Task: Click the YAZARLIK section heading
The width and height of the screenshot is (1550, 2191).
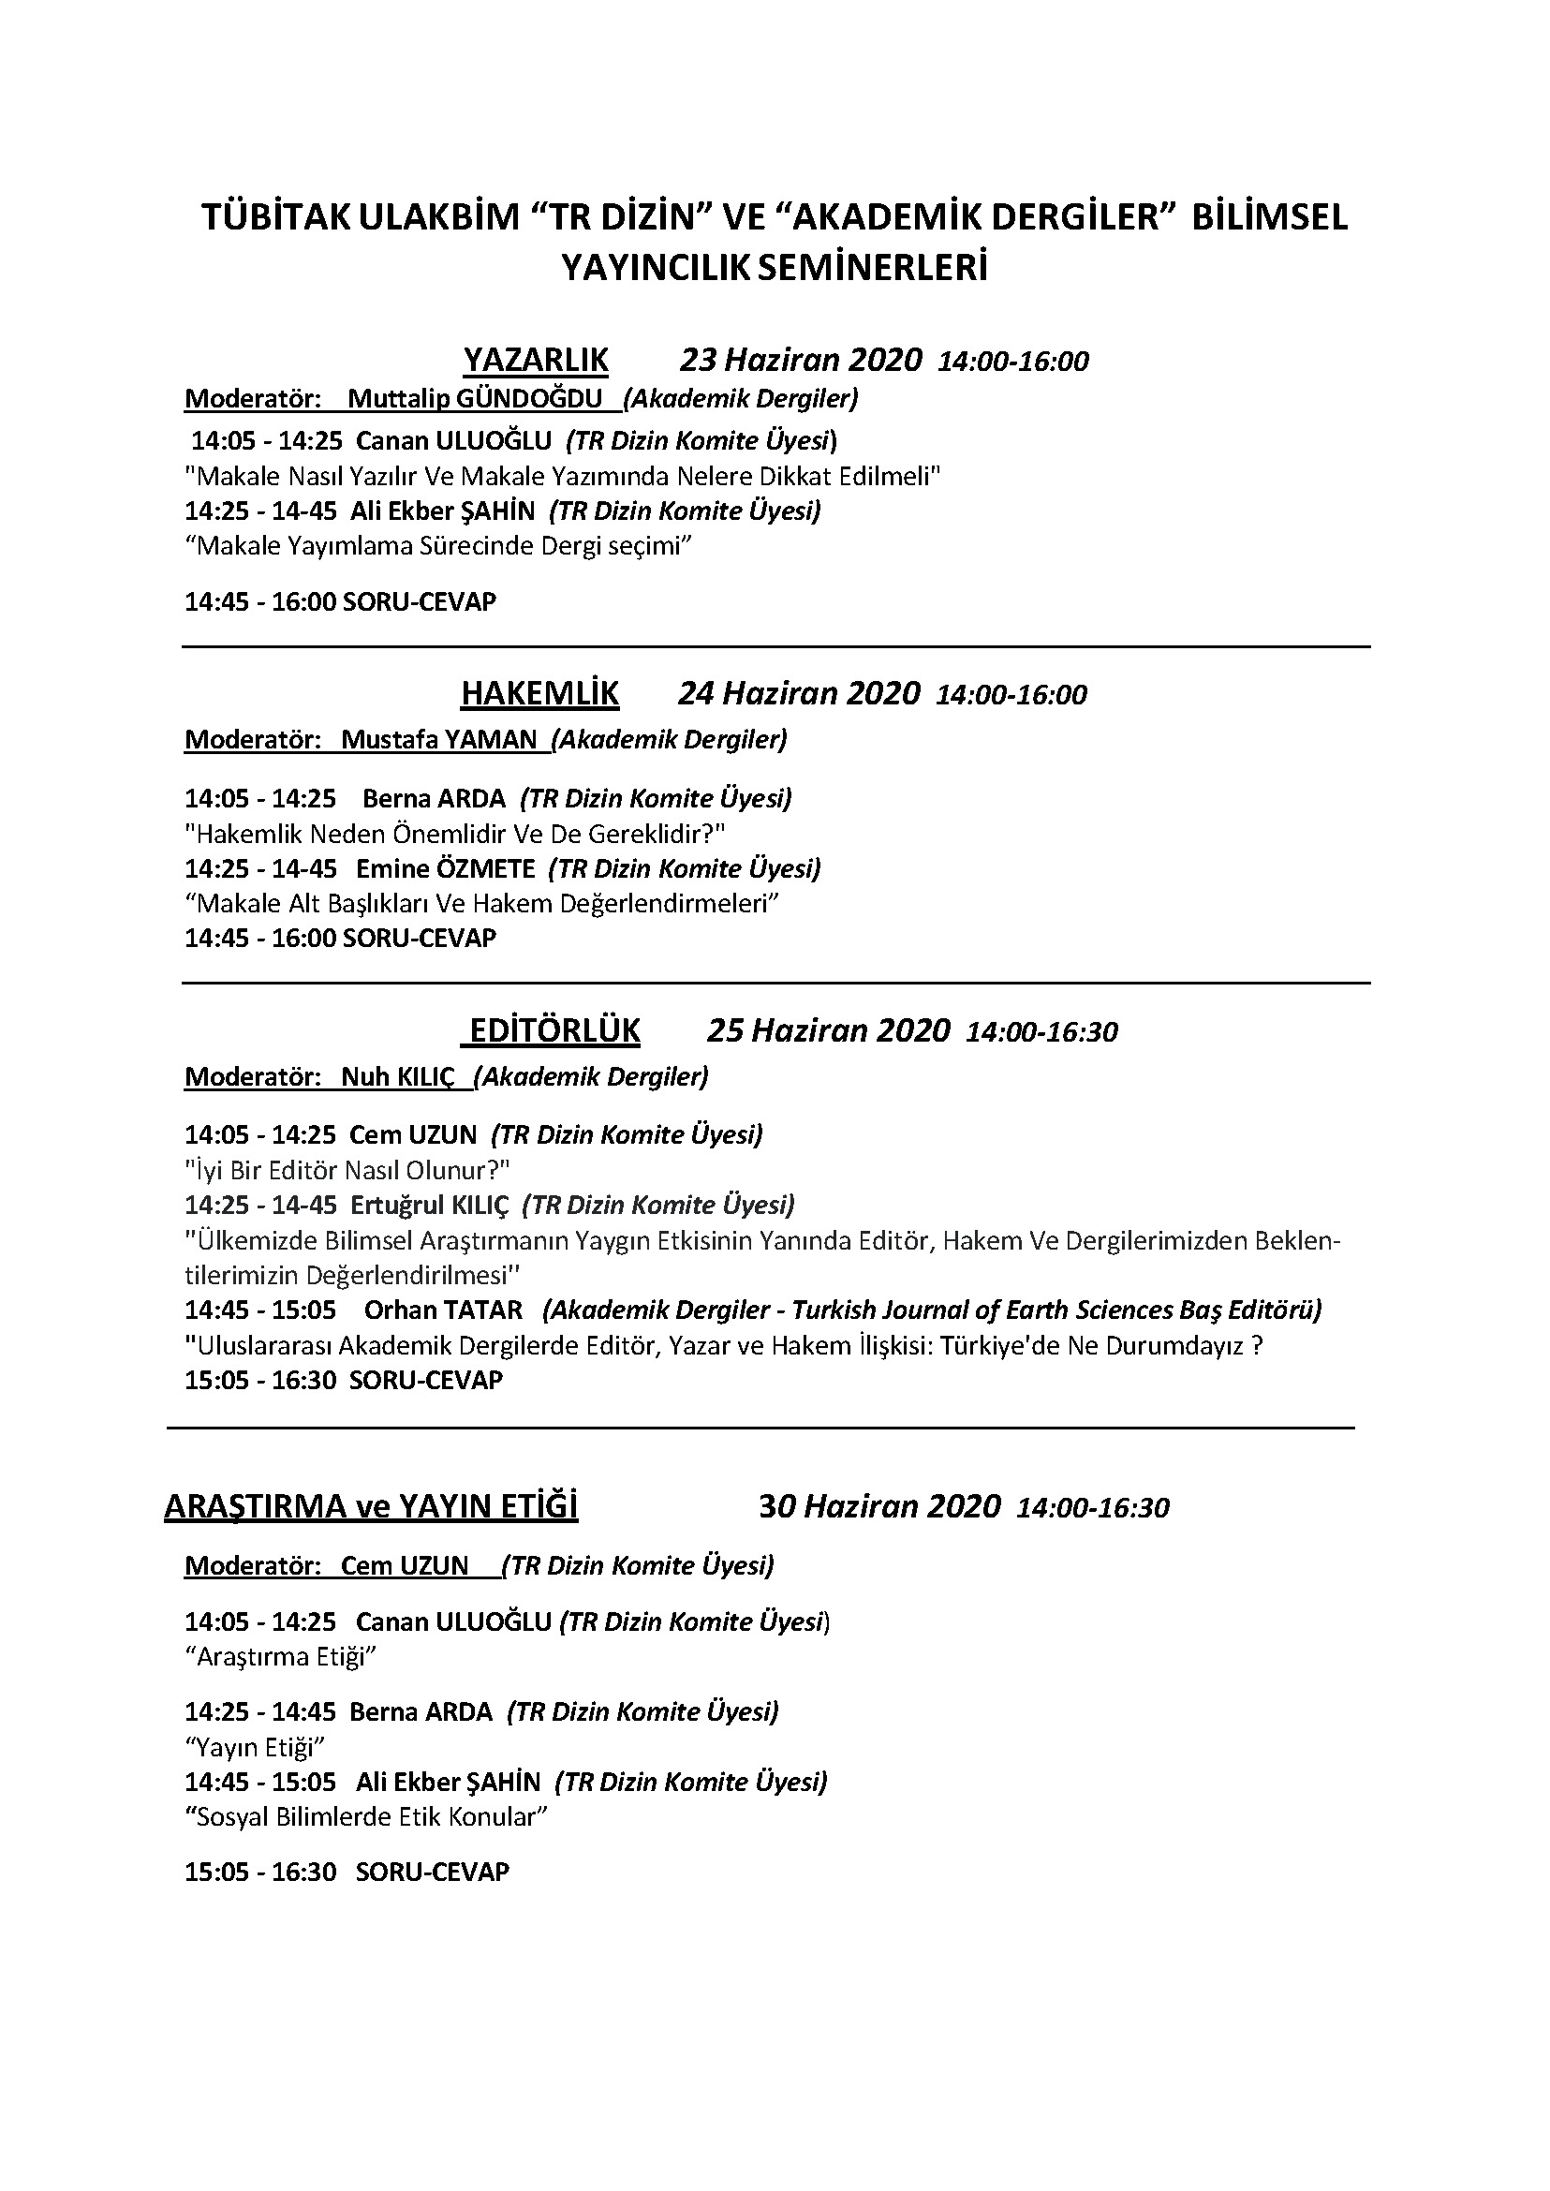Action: pyautogui.click(x=536, y=360)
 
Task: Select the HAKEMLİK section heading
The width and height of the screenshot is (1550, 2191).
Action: pyautogui.click(x=539, y=693)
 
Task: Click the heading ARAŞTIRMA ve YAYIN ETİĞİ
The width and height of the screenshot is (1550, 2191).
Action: pyautogui.click(x=371, y=1506)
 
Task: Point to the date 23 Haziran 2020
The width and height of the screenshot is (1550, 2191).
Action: pyautogui.click(x=801, y=360)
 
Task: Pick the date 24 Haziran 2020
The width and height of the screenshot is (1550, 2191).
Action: pyautogui.click(x=799, y=693)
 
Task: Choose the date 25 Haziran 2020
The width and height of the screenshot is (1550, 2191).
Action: pyautogui.click(x=829, y=1031)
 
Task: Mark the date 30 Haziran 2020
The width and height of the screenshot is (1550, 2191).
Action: pyautogui.click(x=879, y=1506)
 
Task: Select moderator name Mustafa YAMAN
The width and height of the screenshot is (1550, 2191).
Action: pyautogui.click(x=439, y=739)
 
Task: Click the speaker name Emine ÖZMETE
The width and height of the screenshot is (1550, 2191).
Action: pyautogui.click(x=446, y=868)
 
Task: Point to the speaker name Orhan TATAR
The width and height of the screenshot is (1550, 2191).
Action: pyautogui.click(x=443, y=1310)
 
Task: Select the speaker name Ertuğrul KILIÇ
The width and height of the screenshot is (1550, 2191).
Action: pyautogui.click(x=430, y=1205)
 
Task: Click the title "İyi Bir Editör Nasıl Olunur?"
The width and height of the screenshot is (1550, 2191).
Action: pyautogui.click(x=347, y=1169)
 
